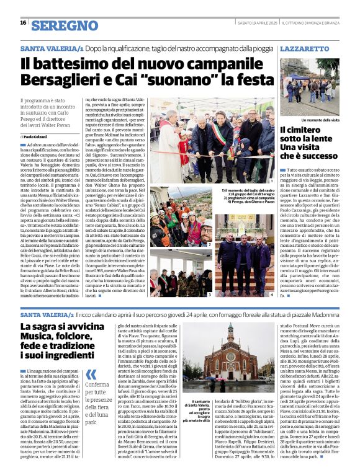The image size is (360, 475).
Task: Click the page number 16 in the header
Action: (x=23, y=22)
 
